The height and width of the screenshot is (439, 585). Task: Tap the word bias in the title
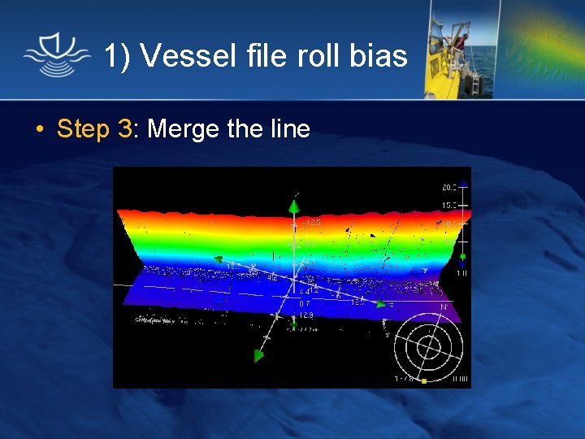pos(379,56)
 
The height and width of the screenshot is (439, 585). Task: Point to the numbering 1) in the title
pos(117,56)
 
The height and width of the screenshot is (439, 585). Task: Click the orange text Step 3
pos(93,128)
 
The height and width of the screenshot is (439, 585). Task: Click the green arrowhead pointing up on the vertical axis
pos(293,206)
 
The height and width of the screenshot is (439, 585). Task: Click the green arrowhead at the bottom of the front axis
pos(258,355)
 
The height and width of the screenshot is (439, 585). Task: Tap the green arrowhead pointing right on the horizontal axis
pos(380,303)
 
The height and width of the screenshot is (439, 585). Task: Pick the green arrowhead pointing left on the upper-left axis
pos(218,259)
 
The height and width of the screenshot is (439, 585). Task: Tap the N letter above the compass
pos(443,307)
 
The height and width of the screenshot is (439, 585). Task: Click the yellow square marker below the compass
pos(423,380)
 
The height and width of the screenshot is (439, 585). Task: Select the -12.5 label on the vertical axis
pos(311,222)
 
